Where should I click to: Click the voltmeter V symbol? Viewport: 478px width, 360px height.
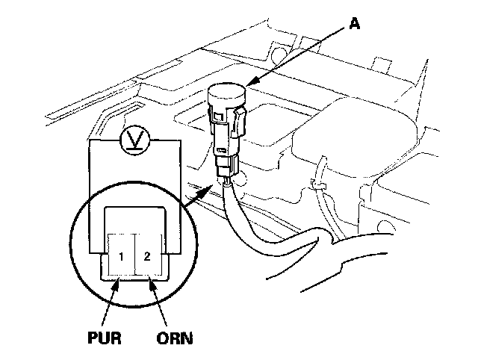click(134, 140)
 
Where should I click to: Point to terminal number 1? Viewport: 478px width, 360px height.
click(119, 257)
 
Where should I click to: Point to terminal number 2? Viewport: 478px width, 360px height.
click(147, 257)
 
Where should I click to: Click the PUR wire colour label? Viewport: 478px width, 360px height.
click(101, 338)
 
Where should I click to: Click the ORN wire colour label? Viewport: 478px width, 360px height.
click(175, 338)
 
